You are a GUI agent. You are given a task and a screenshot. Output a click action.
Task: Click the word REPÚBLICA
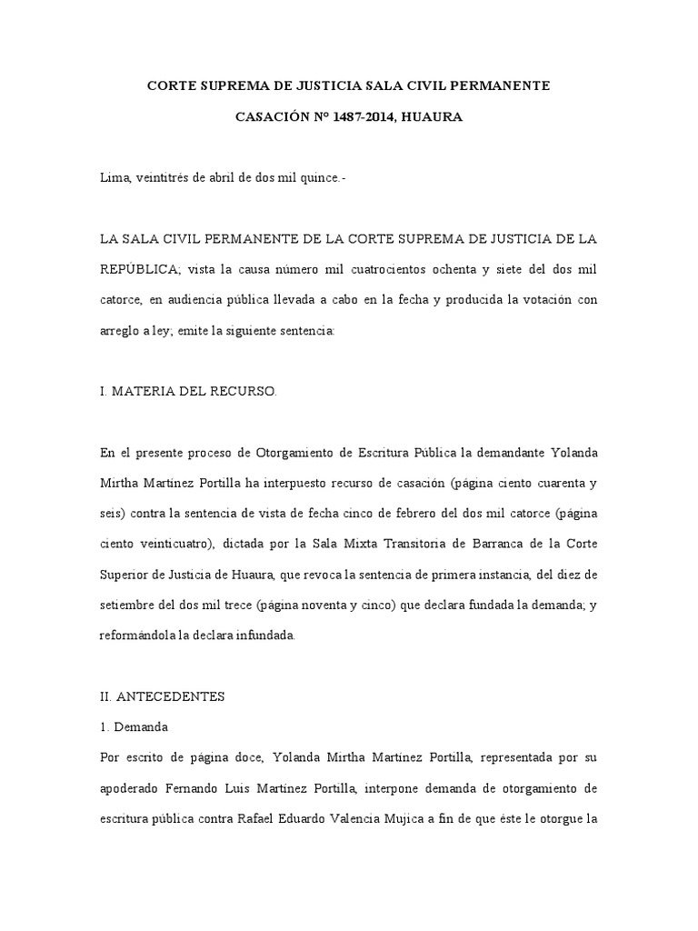point(139,270)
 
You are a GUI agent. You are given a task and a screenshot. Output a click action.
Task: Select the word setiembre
point(131,606)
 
